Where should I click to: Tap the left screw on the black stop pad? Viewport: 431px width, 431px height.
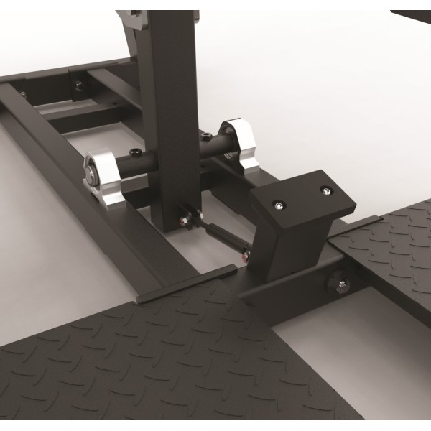point(277,206)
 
